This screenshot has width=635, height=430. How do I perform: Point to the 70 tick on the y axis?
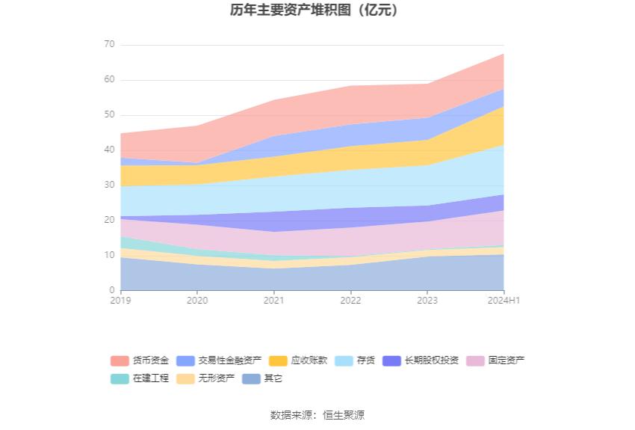[109, 45]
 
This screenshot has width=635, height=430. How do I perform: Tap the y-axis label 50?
[109, 115]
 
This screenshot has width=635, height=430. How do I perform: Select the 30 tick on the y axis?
[109, 185]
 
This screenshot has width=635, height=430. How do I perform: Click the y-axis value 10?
[109, 256]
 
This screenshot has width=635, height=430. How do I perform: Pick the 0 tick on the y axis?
[112, 291]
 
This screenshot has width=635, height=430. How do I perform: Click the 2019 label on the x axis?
[120, 301]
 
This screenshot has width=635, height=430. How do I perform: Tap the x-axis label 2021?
[273, 301]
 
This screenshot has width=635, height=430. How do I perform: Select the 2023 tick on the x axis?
[427, 301]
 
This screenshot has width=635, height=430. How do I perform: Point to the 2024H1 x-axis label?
[504, 301]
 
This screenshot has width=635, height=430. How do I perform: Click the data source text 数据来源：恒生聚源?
[317, 415]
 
